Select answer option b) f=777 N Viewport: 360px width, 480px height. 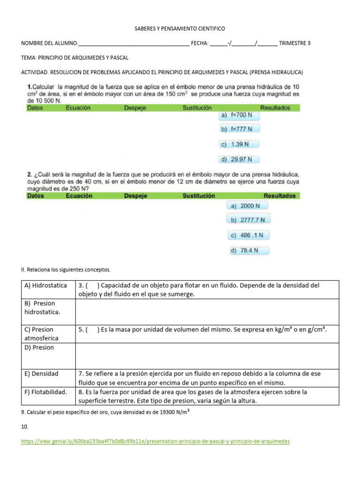(x=239, y=129)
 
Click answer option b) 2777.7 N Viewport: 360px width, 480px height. (x=248, y=220)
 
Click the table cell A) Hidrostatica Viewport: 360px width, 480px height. (x=46, y=285)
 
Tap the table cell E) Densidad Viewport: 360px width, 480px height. (x=42, y=374)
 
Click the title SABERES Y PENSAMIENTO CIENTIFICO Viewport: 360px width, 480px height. (x=180, y=29)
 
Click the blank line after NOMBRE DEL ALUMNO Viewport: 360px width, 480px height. (x=134, y=44)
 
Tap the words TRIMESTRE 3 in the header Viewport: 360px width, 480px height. (x=294, y=44)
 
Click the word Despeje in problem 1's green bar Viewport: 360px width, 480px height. (x=135, y=108)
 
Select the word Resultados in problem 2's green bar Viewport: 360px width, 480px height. (x=279, y=195)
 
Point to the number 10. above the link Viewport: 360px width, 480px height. (x=25, y=427)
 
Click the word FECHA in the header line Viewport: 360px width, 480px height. (x=200, y=44)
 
